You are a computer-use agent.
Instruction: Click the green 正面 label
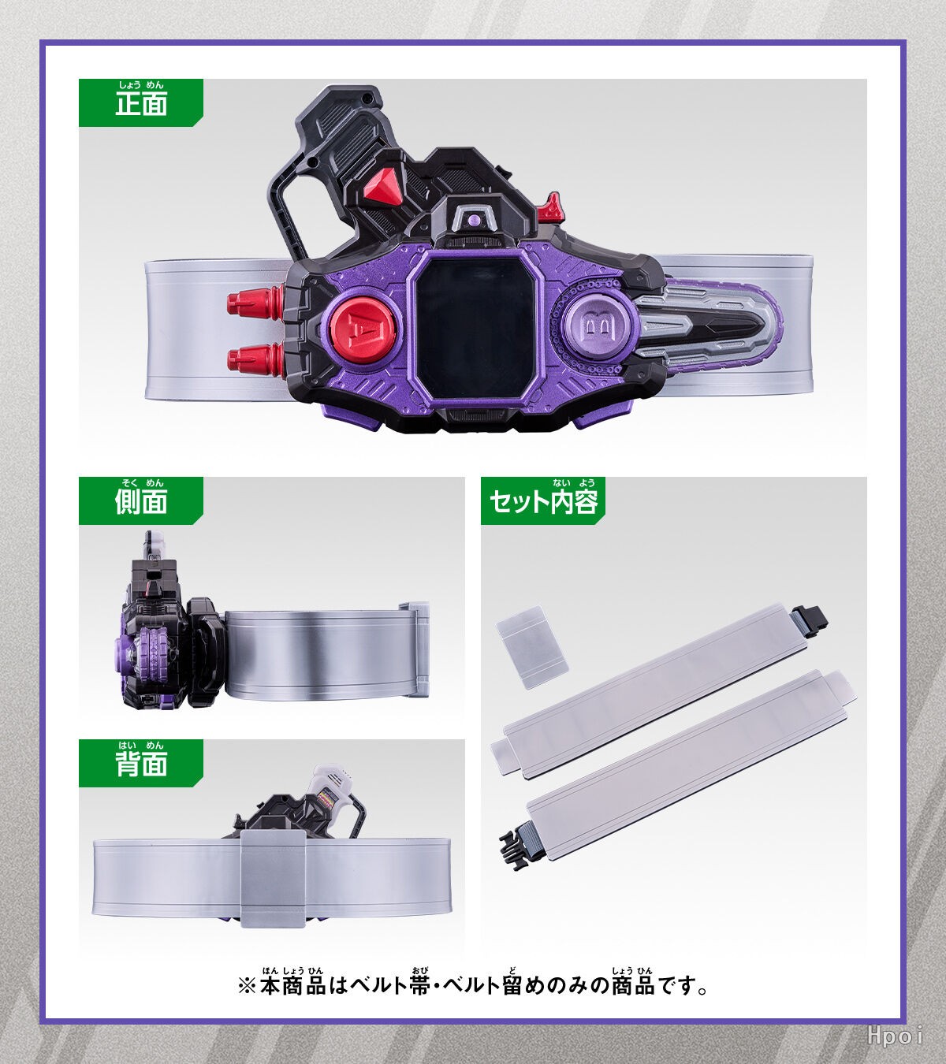coord(140,102)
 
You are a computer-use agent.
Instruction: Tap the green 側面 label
coord(140,500)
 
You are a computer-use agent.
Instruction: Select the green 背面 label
coord(140,763)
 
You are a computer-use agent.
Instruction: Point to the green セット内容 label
coord(543,500)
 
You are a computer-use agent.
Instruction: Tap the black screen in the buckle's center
coord(476,320)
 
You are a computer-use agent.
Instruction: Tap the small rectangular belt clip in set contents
coord(532,648)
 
